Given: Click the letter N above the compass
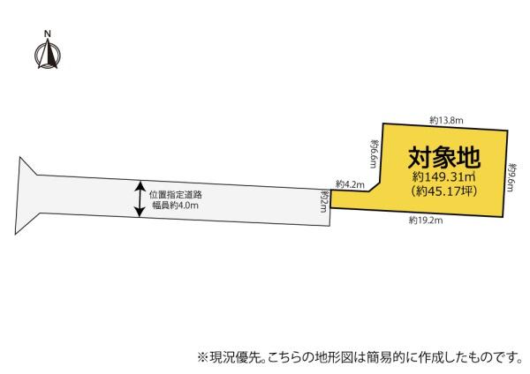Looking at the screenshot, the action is pyautogui.click(x=48, y=34).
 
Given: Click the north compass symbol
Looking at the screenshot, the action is pyautogui.click(x=48, y=54).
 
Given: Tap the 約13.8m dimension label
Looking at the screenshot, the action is pyautogui.click(x=446, y=120).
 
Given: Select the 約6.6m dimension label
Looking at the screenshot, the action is pyautogui.click(x=374, y=153).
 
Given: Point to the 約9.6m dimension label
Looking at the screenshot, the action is pyautogui.click(x=511, y=177).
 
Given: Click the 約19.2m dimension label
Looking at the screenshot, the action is pyautogui.click(x=426, y=221).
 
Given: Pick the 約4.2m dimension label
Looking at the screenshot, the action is pyautogui.click(x=350, y=184).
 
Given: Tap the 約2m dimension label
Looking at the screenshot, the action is pyautogui.click(x=324, y=201).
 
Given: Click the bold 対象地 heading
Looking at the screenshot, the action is pyautogui.click(x=444, y=158).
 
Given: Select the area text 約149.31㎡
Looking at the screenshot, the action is pyautogui.click(x=444, y=176).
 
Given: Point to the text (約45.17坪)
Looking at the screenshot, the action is pyautogui.click(x=444, y=191).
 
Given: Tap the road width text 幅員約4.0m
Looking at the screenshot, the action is pyautogui.click(x=175, y=206).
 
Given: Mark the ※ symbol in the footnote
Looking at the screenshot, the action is pyautogui.click(x=202, y=356).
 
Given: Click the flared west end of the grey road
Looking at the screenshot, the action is pyautogui.click(x=26, y=195).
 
